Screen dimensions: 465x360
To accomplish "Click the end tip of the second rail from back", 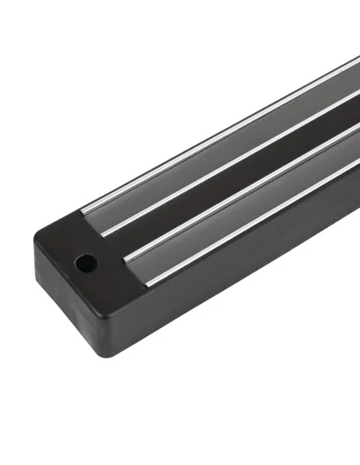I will click(x=105, y=233).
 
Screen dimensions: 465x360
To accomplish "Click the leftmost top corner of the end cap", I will click(x=37, y=236).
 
